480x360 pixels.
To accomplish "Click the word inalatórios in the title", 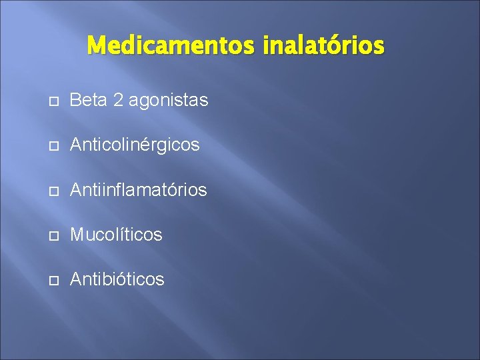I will (x=323, y=46).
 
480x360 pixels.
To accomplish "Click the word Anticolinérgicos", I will (x=135, y=145).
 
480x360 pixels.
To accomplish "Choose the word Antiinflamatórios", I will (x=139, y=190).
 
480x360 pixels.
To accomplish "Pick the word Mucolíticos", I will (x=116, y=235).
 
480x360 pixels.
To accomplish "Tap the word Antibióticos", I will (x=117, y=279).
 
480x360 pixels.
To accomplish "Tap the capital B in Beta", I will (x=75, y=101).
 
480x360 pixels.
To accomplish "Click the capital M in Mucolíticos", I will (x=77, y=235).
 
